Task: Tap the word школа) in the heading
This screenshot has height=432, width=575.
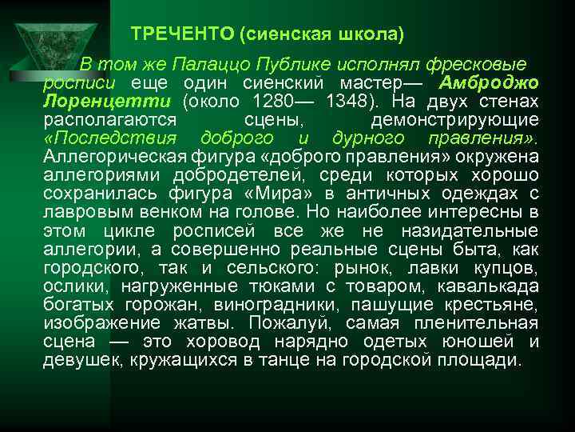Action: [373, 34]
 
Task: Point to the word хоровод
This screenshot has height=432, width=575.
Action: [222, 342]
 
